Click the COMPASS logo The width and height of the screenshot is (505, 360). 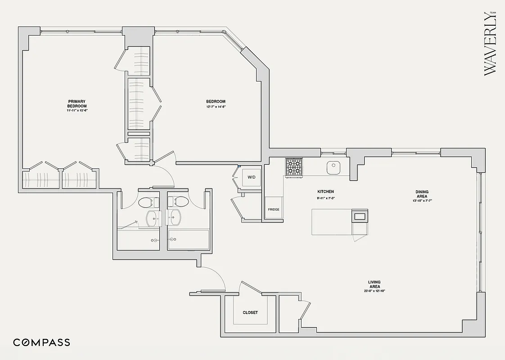point(41,342)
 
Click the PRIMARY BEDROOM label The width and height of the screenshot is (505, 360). point(77,104)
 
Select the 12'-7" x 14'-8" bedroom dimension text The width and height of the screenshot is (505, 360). point(216,107)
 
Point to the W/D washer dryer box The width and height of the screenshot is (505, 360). point(251,177)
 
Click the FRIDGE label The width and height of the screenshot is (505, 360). point(274,209)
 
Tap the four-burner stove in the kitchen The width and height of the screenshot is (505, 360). point(294,167)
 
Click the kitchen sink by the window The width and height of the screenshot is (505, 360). point(333,167)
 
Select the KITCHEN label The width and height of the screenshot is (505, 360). point(325,192)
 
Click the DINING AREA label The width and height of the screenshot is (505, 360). point(422,194)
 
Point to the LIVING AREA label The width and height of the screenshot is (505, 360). point(374,284)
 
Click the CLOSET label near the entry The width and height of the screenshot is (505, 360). point(250,312)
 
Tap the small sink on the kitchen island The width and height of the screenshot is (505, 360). point(360,216)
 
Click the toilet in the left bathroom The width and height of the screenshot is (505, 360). point(148,202)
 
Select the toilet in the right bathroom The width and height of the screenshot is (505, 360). point(178,202)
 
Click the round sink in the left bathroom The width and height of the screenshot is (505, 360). point(153,219)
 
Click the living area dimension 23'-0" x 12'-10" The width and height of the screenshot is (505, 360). point(374,291)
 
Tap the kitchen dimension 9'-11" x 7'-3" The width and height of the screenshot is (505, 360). point(325,198)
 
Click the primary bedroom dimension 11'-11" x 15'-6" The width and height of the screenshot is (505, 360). point(77,110)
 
